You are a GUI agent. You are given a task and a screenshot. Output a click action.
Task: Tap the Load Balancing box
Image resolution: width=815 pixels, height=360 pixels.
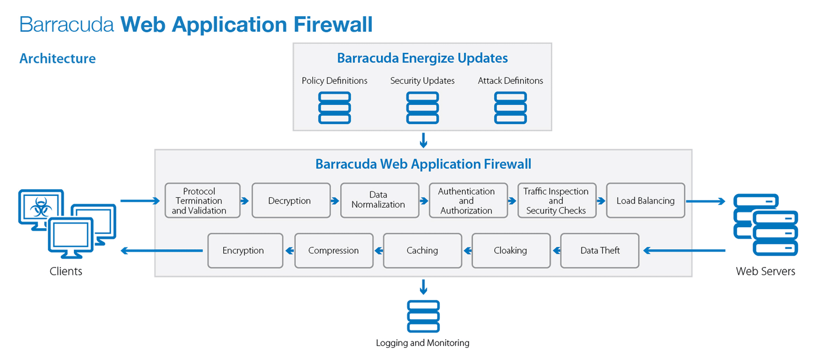[x=645, y=201]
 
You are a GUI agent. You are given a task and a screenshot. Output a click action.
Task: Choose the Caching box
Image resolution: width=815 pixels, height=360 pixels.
[x=422, y=251]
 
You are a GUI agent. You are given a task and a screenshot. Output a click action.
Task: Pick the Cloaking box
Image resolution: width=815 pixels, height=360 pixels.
[x=511, y=251]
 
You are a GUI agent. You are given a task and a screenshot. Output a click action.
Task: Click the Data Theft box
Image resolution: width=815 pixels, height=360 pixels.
[x=599, y=251]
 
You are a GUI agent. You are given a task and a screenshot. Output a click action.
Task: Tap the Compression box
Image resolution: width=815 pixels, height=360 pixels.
[x=334, y=251]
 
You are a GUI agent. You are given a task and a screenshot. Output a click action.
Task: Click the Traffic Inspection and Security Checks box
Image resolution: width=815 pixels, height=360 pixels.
[x=556, y=201]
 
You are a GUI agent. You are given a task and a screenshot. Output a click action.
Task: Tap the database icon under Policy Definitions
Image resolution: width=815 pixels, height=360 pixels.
[x=335, y=108]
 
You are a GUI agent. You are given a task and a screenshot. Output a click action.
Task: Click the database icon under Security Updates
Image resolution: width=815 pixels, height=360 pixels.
[x=422, y=108]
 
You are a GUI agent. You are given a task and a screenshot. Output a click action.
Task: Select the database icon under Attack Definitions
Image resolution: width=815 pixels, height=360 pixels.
[x=510, y=108]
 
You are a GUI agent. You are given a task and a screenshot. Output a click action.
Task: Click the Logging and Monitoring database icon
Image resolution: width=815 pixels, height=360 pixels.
[x=423, y=317]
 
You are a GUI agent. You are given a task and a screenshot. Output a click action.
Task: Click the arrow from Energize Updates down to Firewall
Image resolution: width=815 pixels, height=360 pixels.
[x=424, y=140]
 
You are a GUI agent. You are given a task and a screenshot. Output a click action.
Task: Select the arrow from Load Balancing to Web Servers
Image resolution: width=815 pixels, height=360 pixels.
[x=706, y=201]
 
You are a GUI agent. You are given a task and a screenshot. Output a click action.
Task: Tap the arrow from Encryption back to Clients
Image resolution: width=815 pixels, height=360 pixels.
[x=162, y=251]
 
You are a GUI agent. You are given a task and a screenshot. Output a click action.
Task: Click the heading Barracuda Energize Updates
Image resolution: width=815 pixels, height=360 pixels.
[x=422, y=58]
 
